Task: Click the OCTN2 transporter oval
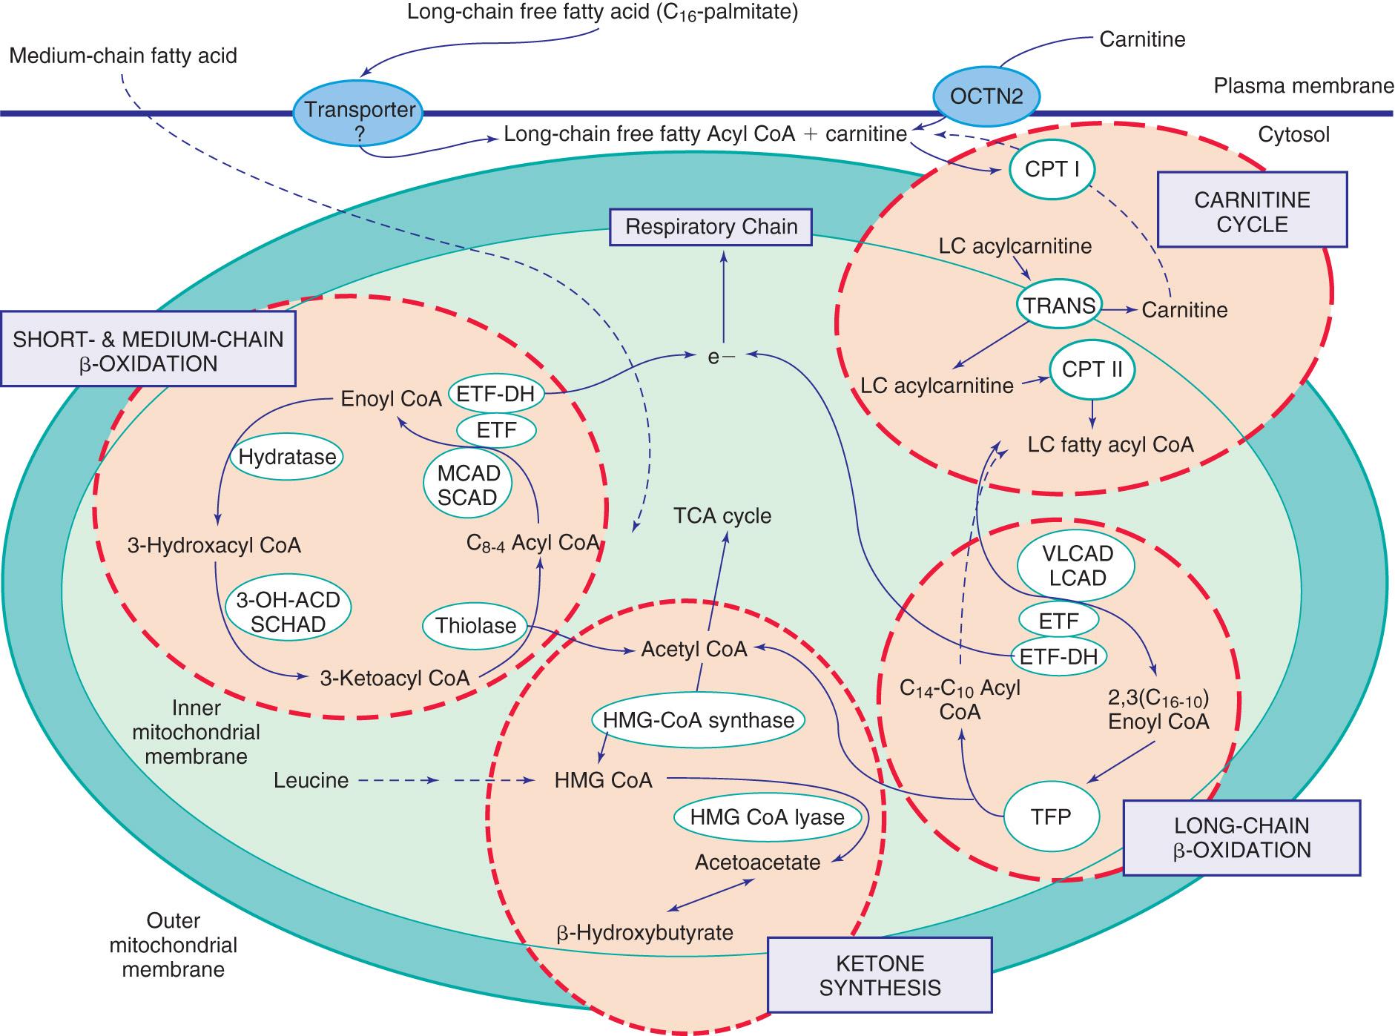pos(986,96)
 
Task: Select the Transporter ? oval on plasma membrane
pos(360,120)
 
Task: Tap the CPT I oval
pos(1052,169)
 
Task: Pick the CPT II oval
pos(1091,370)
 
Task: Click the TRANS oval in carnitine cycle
pos(1059,306)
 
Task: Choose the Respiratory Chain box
pos(710,226)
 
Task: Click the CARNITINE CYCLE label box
pos(1251,211)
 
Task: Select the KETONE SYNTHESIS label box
pos(879,974)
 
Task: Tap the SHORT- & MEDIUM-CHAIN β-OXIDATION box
pos(148,350)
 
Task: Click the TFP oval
pos(1050,817)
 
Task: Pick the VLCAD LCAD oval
pos(1077,566)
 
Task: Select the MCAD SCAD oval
pos(468,485)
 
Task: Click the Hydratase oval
pos(287,457)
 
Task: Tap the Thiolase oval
pos(475,626)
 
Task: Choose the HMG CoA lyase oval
pos(767,817)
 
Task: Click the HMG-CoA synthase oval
pos(698,719)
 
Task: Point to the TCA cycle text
pos(722,516)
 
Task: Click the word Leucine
pos(311,780)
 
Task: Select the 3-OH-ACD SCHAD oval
pos(288,612)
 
